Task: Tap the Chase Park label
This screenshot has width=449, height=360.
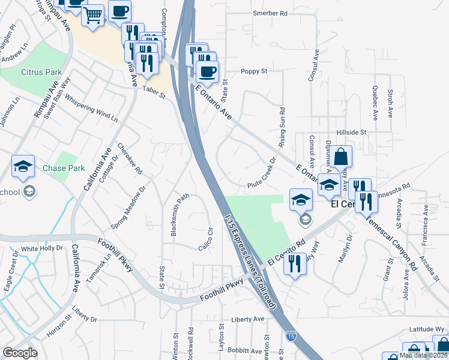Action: pos(64,168)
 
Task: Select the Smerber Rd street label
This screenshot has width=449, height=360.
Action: pos(270,13)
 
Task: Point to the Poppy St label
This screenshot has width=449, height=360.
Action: pos(254,71)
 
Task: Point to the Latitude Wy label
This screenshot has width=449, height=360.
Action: pos(427,329)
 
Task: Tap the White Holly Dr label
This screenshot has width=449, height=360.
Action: pos(42,248)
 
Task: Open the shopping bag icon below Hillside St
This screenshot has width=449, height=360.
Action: pos(340,157)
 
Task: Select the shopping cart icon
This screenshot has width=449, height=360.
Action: pos(93,16)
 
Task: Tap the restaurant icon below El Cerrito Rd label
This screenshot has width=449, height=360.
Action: pos(294,263)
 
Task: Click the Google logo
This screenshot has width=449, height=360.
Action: pos(20,353)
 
